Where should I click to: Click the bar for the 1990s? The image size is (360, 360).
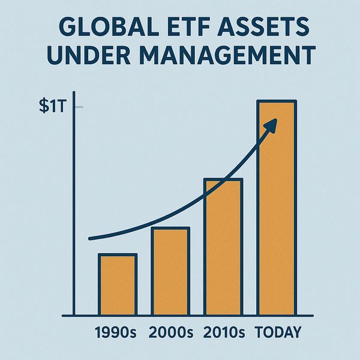click(118, 285)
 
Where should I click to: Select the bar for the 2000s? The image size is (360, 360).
click(170, 271)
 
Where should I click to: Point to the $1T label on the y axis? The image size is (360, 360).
click(49, 109)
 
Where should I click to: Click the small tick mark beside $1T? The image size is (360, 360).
click(78, 108)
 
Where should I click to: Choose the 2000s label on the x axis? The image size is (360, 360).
click(170, 332)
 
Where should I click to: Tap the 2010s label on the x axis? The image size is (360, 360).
click(223, 332)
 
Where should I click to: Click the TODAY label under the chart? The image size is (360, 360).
click(278, 332)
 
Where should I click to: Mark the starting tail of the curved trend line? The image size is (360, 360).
click(91, 239)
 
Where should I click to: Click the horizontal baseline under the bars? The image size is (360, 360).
click(186, 315)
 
